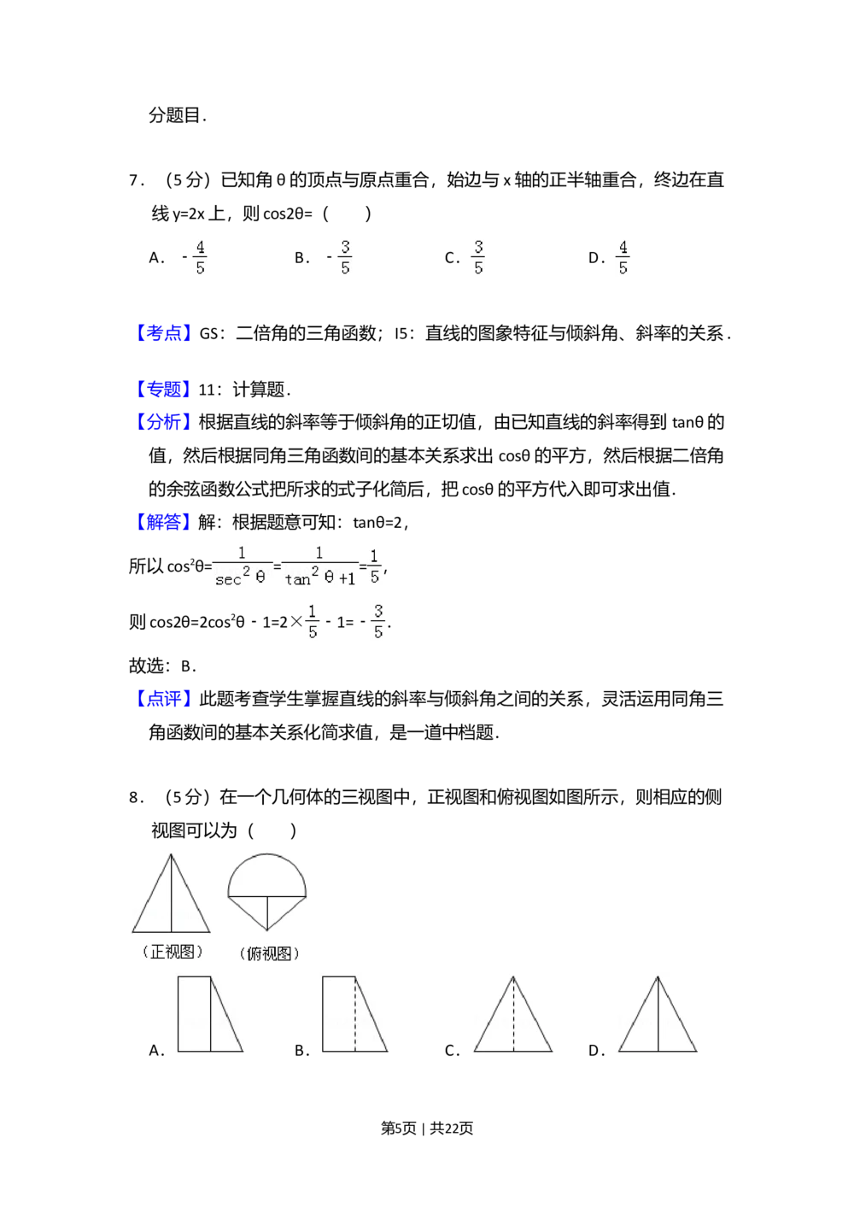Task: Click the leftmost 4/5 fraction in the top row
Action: (201, 257)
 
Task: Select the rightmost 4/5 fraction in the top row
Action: (624, 257)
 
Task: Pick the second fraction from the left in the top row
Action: (345, 257)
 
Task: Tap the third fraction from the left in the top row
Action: (476, 257)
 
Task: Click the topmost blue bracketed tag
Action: (164, 332)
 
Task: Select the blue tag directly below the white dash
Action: (164, 390)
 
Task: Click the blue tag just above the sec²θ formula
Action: (164, 522)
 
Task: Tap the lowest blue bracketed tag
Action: (164, 698)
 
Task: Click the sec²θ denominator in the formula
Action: (241, 579)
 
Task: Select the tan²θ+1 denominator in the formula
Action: (320, 579)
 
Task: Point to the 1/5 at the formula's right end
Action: (374, 566)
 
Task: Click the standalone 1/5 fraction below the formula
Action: (312, 622)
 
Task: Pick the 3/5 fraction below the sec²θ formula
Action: (378, 622)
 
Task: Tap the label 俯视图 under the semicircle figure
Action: (269, 953)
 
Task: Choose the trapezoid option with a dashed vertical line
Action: (352, 1014)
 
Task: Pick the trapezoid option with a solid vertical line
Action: (208, 1014)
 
